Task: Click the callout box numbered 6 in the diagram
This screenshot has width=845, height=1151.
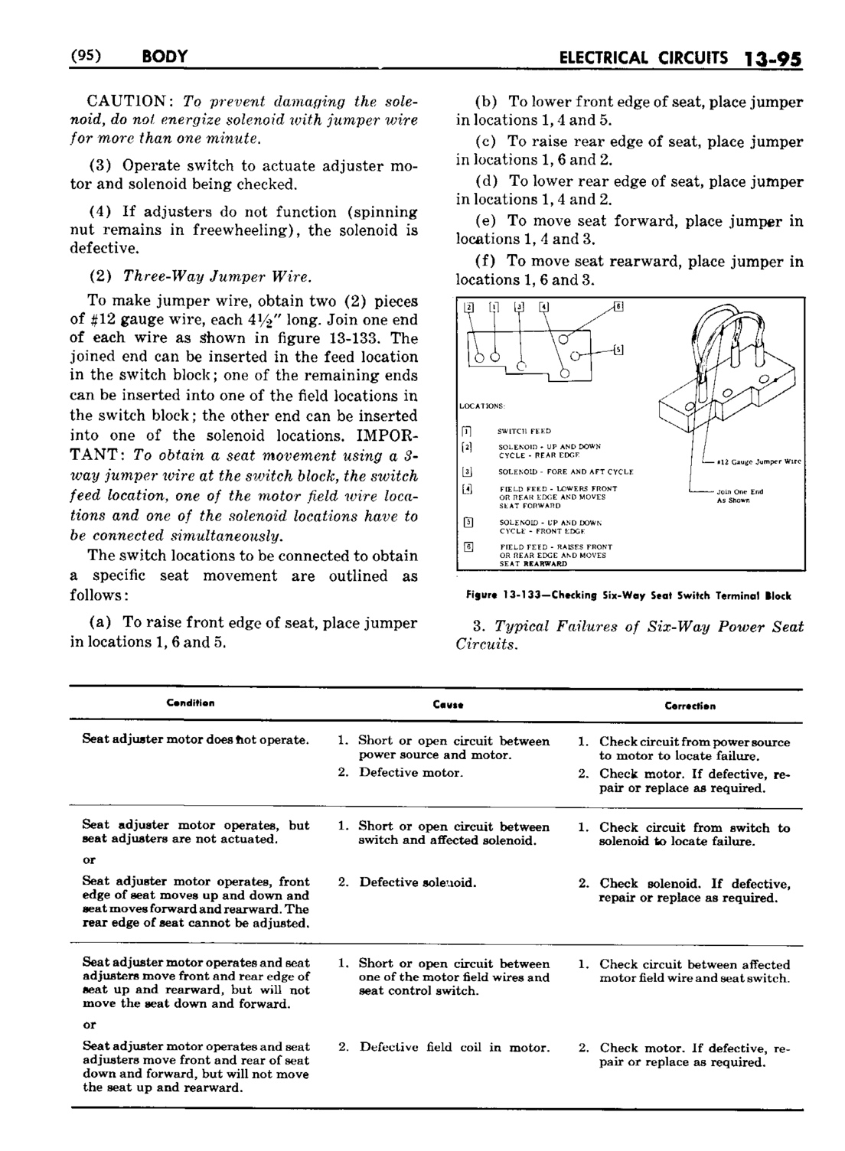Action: click(619, 308)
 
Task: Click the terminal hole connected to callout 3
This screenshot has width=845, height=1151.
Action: click(520, 367)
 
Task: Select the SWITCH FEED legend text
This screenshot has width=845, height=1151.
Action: click(524, 431)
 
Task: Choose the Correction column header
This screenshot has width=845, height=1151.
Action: click(690, 706)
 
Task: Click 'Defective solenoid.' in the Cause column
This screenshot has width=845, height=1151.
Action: click(418, 882)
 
